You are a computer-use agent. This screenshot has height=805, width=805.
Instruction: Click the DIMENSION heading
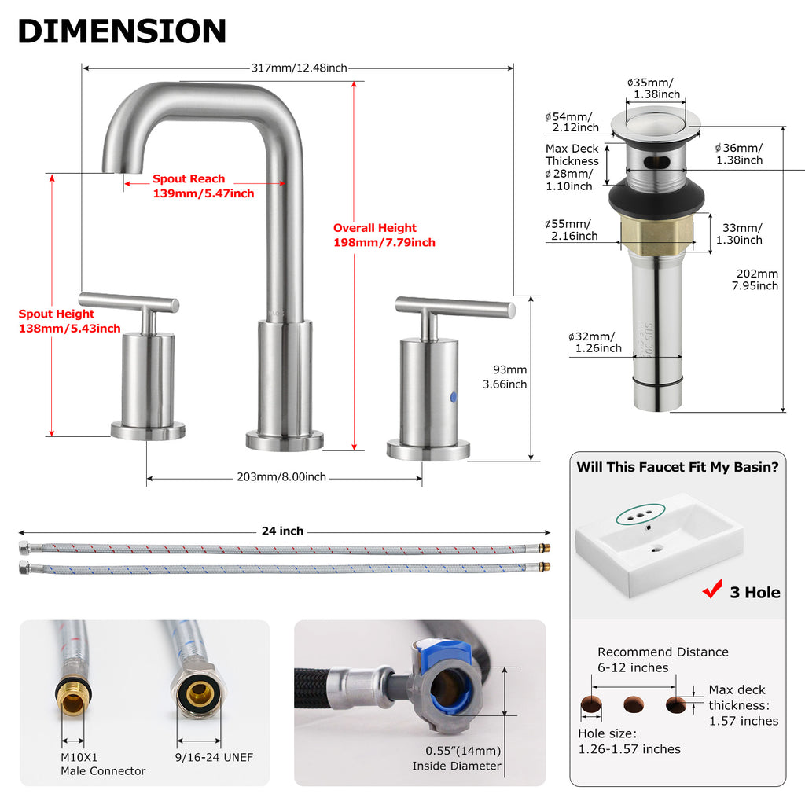coord(122,31)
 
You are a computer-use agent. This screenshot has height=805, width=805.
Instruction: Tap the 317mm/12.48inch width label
coord(300,68)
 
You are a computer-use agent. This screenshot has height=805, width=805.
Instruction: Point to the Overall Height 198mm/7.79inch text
coord(384,235)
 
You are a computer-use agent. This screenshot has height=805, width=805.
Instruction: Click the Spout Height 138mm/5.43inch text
coord(69,321)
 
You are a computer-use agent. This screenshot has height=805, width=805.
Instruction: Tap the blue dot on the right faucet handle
coord(454,397)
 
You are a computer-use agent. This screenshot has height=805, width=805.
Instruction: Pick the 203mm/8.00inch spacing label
coord(281,477)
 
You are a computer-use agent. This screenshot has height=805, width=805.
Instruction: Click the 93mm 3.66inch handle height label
coord(505,377)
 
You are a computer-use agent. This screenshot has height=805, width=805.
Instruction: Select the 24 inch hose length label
coord(282,531)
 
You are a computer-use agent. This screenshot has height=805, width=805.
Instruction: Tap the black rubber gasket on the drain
coord(656,196)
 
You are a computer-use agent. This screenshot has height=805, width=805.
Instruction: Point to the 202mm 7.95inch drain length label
coord(755,280)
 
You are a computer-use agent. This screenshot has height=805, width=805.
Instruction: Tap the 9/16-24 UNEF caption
coord(214,757)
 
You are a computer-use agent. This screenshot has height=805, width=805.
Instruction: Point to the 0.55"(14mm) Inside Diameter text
coord(457,759)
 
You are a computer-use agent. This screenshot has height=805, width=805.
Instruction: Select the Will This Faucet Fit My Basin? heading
coord(678,467)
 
